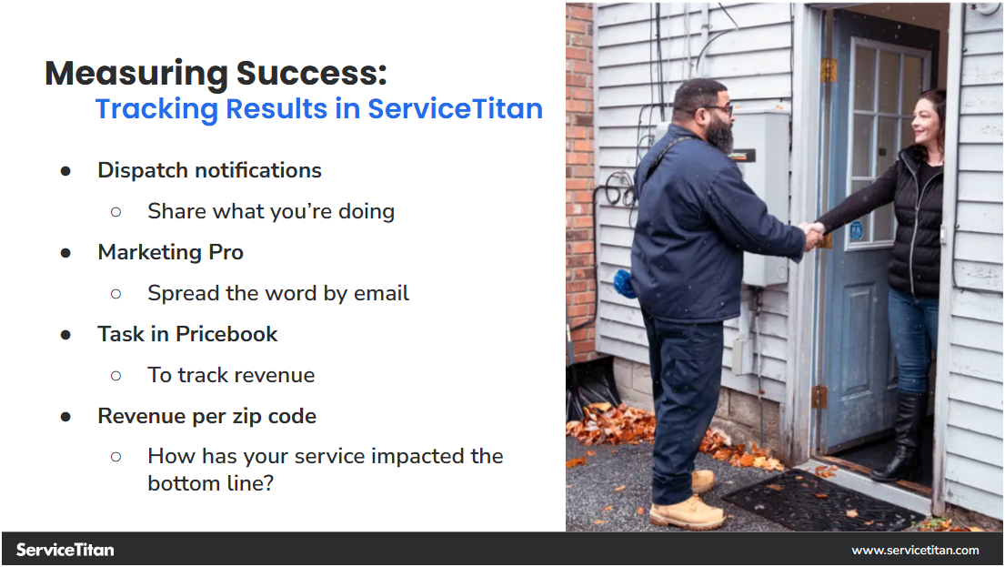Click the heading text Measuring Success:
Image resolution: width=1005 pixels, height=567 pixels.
coord(216,73)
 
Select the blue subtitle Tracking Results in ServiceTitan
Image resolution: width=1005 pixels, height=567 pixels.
coord(318,108)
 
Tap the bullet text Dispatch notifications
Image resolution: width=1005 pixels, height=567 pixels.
coord(209,170)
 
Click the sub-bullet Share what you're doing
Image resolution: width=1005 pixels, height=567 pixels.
coord(271,211)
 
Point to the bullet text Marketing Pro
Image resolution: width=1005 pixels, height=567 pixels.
coord(170,252)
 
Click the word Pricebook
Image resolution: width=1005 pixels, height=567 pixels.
coord(226,334)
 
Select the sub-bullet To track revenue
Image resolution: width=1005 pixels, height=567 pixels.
coord(231,375)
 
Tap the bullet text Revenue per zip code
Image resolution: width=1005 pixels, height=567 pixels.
coord(206,416)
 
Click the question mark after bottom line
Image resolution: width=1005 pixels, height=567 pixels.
coord(268,483)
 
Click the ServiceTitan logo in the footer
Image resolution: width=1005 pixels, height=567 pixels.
coord(65,550)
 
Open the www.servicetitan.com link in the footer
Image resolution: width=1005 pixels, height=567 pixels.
coord(915,550)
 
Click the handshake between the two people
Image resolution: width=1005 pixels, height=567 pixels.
coord(812,234)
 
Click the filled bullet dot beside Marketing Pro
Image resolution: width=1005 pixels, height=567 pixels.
coord(65,252)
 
